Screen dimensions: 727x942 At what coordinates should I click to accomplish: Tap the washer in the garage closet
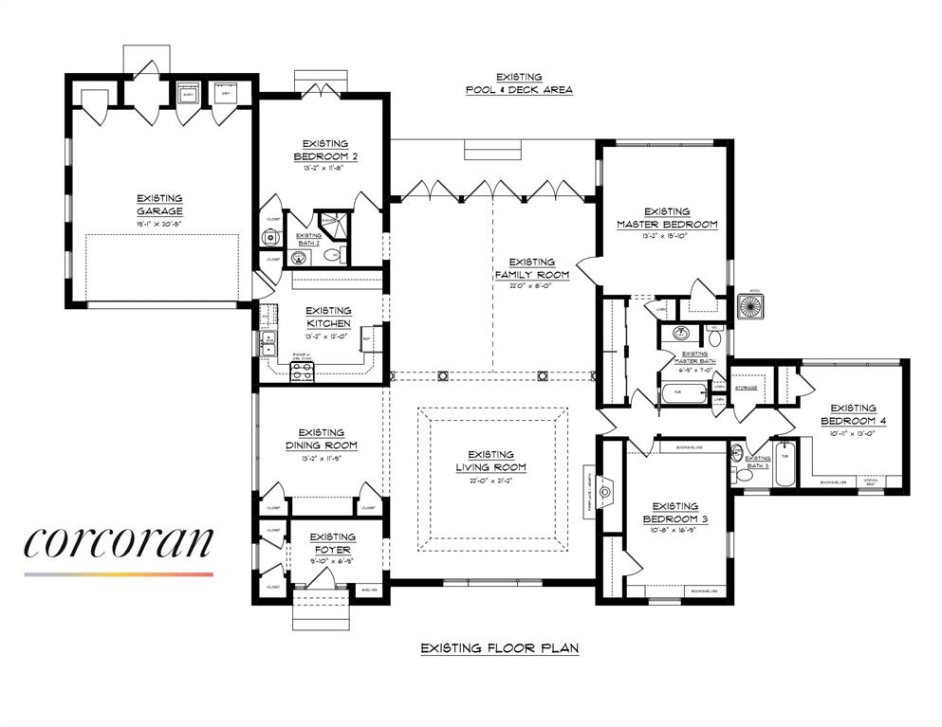point(189,94)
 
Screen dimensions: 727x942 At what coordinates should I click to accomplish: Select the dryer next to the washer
point(226,94)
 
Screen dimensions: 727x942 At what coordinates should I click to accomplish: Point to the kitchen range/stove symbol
point(303,372)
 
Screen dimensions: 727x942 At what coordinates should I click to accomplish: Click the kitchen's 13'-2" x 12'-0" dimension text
point(328,336)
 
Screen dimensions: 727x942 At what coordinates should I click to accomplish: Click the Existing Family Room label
point(531,268)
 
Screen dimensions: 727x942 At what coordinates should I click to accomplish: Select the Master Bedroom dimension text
point(667,237)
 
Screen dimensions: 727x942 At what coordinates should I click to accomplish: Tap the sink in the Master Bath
point(680,334)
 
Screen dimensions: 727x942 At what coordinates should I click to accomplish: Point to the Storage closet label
point(746,387)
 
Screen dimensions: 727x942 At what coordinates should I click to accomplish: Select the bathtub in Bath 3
point(785,463)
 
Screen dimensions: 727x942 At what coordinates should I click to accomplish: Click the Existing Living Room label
point(490,461)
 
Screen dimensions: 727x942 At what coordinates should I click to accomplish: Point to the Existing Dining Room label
point(321,439)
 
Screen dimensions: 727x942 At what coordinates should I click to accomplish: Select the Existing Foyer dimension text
point(333,560)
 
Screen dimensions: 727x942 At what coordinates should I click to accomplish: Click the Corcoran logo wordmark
point(119,542)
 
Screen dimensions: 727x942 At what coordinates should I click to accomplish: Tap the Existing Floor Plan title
point(499,648)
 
